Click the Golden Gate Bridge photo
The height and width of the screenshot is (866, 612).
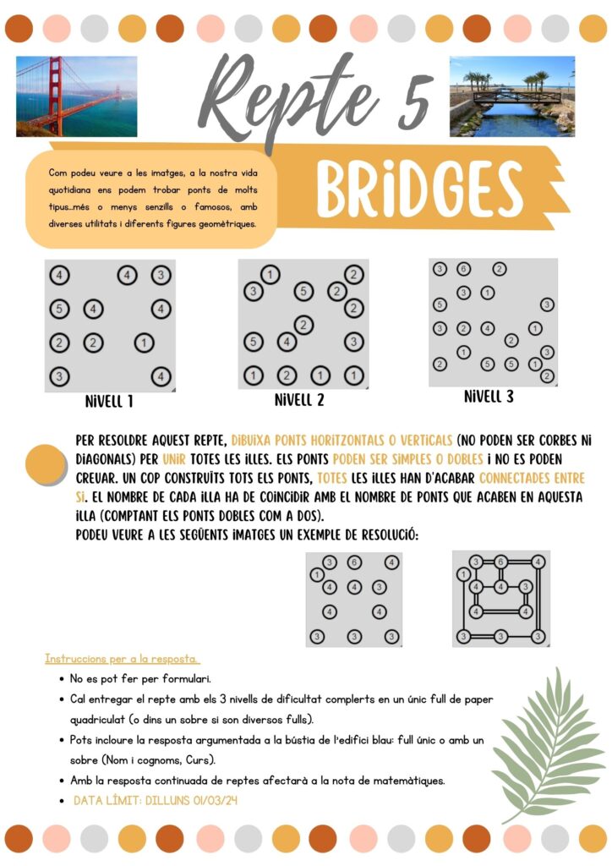click(x=77, y=96)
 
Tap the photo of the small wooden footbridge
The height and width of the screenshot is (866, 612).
click(x=512, y=96)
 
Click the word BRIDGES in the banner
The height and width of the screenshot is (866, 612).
click(x=420, y=189)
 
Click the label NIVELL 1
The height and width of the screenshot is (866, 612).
click(x=109, y=401)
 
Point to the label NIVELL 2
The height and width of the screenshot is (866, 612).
click(x=299, y=400)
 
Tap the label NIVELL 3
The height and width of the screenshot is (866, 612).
click(x=489, y=397)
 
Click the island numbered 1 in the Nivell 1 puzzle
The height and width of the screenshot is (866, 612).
click(x=144, y=343)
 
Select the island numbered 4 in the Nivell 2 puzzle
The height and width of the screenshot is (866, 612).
click(x=287, y=343)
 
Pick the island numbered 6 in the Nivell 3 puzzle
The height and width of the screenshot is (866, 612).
click(x=463, y=270)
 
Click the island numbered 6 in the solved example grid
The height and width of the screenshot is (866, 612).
click(x=500, y=562)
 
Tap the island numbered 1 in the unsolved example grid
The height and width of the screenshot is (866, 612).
click(x=317, y=575)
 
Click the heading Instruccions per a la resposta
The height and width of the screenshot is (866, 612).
click(x=122, y=658)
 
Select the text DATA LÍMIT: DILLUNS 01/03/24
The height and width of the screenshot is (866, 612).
click(x=155, y=800)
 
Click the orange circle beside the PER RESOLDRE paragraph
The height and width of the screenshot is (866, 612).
click(x=46, y=464)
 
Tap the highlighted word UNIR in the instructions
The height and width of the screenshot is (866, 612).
click(x=174, y=459)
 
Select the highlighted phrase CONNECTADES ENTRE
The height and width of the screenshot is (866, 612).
click(x=532, y=479)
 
